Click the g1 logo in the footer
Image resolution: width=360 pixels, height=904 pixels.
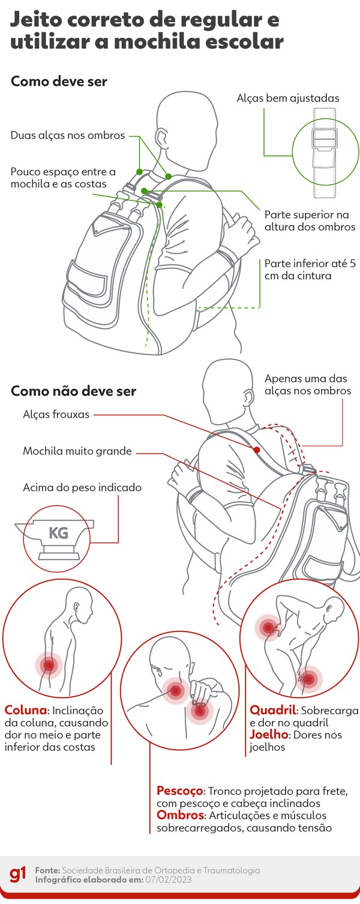[19, 875]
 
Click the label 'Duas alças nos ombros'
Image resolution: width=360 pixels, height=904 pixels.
[68, 135]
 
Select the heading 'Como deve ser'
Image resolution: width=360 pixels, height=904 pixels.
[59, 82]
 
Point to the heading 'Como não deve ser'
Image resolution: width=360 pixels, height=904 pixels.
[73, 391]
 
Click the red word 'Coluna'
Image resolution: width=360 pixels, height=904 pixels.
[25, 708]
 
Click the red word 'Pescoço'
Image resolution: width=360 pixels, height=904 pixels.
[180, 790]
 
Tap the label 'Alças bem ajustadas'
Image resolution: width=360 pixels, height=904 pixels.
[287, 97]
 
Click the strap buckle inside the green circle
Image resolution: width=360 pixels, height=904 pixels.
[325, 141]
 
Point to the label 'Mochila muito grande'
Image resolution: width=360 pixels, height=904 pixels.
[77, 451]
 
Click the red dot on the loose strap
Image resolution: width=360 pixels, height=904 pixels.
[256, 450]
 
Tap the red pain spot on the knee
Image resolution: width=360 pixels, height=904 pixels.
[308, 680]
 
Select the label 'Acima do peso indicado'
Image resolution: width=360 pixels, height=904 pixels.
[82, 487]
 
